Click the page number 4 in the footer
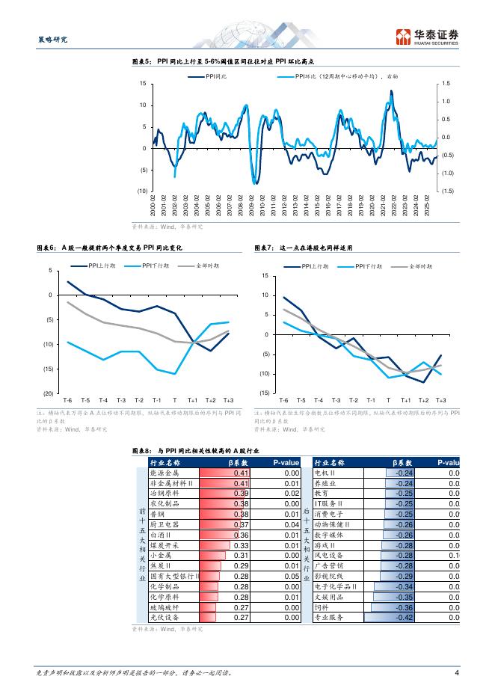pos(455,673)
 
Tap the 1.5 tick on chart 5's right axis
pos(446,83)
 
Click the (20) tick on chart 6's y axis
pos(49,393)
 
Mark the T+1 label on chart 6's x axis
pos(192,401)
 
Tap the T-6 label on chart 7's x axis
pos(283,401)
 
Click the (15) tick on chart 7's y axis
pos(264,393)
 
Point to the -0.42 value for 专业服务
pos(404,617)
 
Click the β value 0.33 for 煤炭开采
pos(241,545)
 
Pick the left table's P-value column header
pos(286,463)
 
